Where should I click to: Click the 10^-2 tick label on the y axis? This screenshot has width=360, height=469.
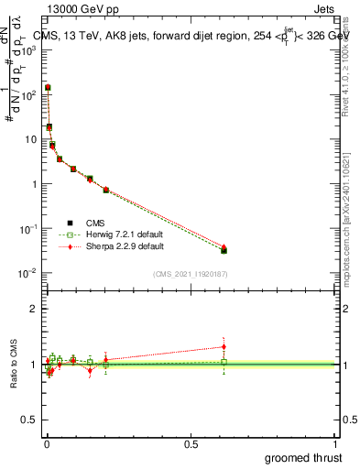tap(29, 273)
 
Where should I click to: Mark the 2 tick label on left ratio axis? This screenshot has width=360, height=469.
tap(35, 309)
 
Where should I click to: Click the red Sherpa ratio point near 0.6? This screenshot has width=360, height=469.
tap(224, 346)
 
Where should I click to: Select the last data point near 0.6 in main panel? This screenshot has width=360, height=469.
tap(224, 249)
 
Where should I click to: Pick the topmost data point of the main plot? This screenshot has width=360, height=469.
tap(48, 88)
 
